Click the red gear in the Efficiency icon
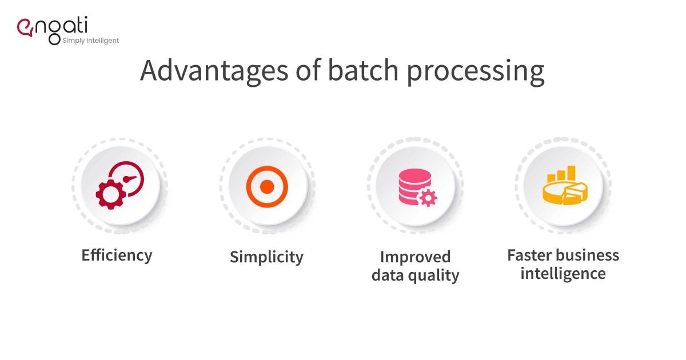(110, 194)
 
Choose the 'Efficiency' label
(117, 255)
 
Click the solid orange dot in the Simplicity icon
(267, 186)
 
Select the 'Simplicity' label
(266, 257)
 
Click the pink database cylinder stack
(410, 184)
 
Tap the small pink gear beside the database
(428, 198)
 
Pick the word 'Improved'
(415, 257)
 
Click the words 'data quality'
(415, 275)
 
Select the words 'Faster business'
(563, 255)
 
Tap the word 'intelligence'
(563, 273)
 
